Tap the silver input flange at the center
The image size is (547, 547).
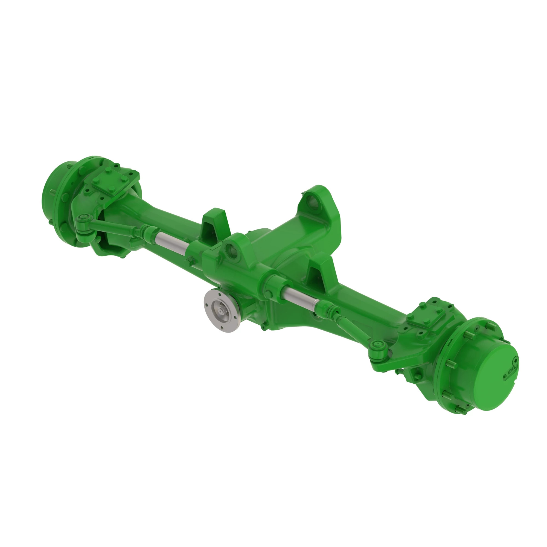coord(222,311)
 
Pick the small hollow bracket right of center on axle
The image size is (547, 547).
coord(320,276)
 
